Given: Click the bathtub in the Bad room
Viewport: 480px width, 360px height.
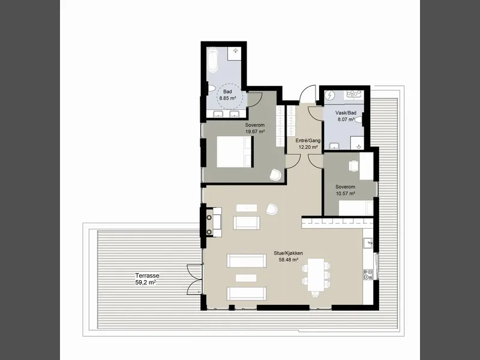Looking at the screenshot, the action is (212, 59).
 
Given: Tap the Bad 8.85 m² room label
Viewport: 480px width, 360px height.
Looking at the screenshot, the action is (227, 95).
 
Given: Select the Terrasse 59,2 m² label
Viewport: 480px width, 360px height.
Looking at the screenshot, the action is (147, 279).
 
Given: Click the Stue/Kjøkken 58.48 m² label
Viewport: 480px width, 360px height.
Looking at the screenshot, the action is (289, 257).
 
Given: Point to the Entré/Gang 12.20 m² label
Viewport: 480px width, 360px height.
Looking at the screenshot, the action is (308, 143).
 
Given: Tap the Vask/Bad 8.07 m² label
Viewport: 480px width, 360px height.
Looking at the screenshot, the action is (346, 116).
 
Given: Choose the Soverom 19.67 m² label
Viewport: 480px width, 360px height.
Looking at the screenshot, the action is (255, 128).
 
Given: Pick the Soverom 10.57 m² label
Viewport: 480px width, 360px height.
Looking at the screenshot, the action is (346, 190).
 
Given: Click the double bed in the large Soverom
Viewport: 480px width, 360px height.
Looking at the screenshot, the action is (234, 152).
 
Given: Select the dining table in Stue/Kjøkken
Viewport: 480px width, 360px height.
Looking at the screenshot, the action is (316, 275).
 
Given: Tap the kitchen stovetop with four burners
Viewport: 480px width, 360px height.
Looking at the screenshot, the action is (368, 274).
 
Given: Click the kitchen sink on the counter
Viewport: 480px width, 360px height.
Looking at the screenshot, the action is (368, 244).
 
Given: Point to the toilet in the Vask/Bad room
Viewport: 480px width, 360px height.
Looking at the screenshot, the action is (358, 119).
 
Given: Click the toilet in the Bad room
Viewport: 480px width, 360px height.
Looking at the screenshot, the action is (211, 89).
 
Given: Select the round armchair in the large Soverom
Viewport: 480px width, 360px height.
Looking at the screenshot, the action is (275, 175).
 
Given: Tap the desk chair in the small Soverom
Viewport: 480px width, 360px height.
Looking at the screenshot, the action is (354, 166).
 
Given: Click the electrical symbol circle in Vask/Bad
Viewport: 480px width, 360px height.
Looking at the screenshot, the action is (330, 96).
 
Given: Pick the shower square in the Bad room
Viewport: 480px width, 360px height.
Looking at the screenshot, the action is (235, 51).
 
